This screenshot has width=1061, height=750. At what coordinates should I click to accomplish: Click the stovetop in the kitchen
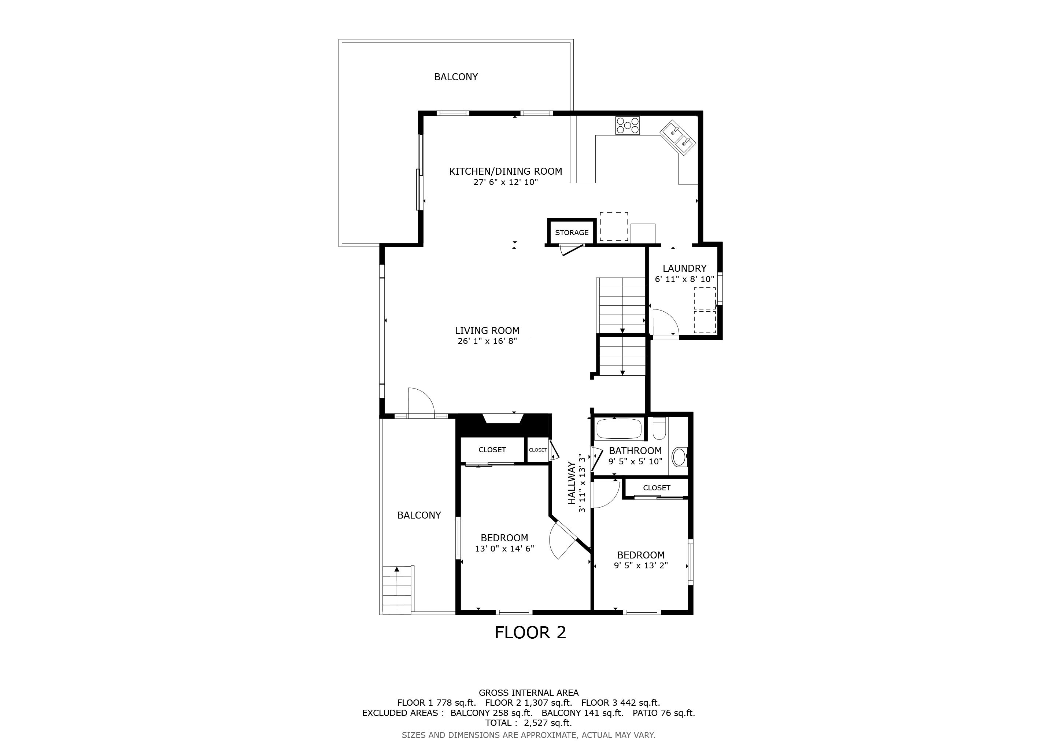point(627,125)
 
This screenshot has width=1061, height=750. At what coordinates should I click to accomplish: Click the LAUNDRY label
point(684,268)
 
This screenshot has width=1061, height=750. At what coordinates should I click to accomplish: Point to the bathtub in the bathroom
point(619,429)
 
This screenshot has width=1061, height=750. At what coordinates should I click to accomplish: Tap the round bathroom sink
point(679,456)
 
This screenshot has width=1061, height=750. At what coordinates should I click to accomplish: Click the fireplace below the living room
point(504,424)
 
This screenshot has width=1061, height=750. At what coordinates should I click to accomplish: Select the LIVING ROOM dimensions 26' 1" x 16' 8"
point(487,341)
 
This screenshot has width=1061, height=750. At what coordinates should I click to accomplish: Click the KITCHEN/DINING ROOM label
point(506,171)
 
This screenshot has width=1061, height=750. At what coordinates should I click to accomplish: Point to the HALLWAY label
point(572,483)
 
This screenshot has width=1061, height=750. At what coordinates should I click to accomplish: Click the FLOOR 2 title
point(530,633)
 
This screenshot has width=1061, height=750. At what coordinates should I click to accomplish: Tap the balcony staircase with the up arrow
point(397,590)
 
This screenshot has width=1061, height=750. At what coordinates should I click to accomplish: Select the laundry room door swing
point(665,322)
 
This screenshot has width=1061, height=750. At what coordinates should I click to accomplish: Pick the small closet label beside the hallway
point(538,450)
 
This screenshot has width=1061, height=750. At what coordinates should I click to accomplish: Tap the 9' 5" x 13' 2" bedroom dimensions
point(641,565)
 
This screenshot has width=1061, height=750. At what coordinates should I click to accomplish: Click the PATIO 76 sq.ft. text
point(663,713)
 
